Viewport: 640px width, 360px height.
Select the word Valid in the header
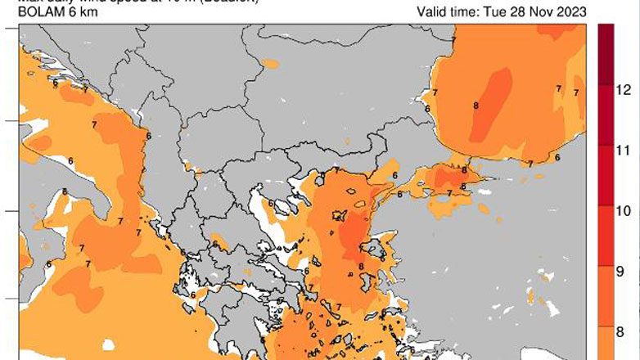coord(431,12)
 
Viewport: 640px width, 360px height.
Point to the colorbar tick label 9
coord(621,271)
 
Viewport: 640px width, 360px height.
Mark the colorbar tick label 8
coord(621,331)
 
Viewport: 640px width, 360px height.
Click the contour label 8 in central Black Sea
coord(475,106)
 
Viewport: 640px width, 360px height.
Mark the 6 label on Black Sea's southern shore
coord(557,157)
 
